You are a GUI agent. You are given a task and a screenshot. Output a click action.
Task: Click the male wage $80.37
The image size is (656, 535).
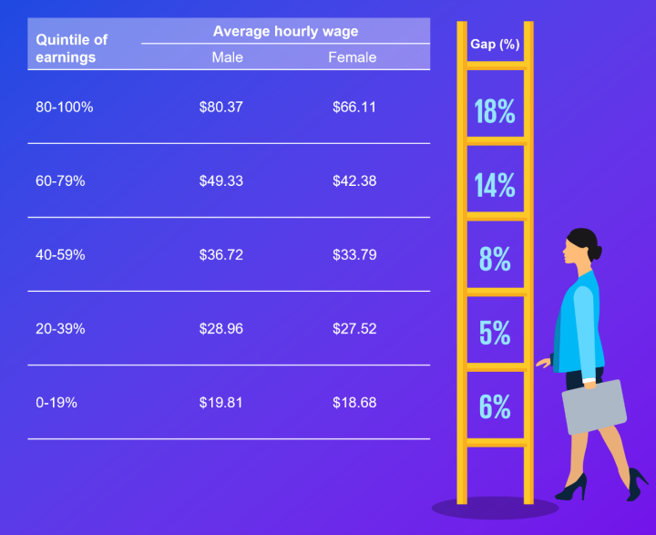click(220, 107)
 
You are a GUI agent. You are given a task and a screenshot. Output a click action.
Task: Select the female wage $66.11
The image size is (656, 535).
click(354, 107)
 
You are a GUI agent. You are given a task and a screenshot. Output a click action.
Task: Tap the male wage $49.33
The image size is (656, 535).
click(220, 180)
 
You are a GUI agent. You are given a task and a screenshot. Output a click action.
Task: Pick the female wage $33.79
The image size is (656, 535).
click(354, 254)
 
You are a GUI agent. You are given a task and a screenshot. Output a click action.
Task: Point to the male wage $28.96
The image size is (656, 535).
click(220, 328)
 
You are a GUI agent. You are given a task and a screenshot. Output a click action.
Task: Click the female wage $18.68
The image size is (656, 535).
click(354, 402)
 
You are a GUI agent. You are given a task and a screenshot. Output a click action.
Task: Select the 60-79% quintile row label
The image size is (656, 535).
click(60, 180)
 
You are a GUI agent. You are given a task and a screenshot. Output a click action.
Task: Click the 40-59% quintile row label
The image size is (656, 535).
click(60, 254)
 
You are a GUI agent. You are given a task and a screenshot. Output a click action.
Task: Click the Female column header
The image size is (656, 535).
click(352, 57)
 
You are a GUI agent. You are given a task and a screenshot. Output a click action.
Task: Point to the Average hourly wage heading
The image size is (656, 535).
click(285, 31)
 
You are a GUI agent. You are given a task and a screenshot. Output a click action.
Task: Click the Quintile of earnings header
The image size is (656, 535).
click(71, 48)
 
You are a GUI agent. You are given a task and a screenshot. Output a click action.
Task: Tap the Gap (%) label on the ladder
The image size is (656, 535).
click(495, 44)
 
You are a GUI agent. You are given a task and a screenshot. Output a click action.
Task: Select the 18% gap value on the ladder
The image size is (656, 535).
click(495, 112)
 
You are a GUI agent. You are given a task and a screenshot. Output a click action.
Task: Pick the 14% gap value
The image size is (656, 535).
click(495, 185)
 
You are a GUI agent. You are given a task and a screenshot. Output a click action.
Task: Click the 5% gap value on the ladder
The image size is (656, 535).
click(495, 333)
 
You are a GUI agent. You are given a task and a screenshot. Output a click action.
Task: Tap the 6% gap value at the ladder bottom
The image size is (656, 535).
click(495, 406)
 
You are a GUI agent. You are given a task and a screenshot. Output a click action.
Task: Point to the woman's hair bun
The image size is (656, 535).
click(593, 243)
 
